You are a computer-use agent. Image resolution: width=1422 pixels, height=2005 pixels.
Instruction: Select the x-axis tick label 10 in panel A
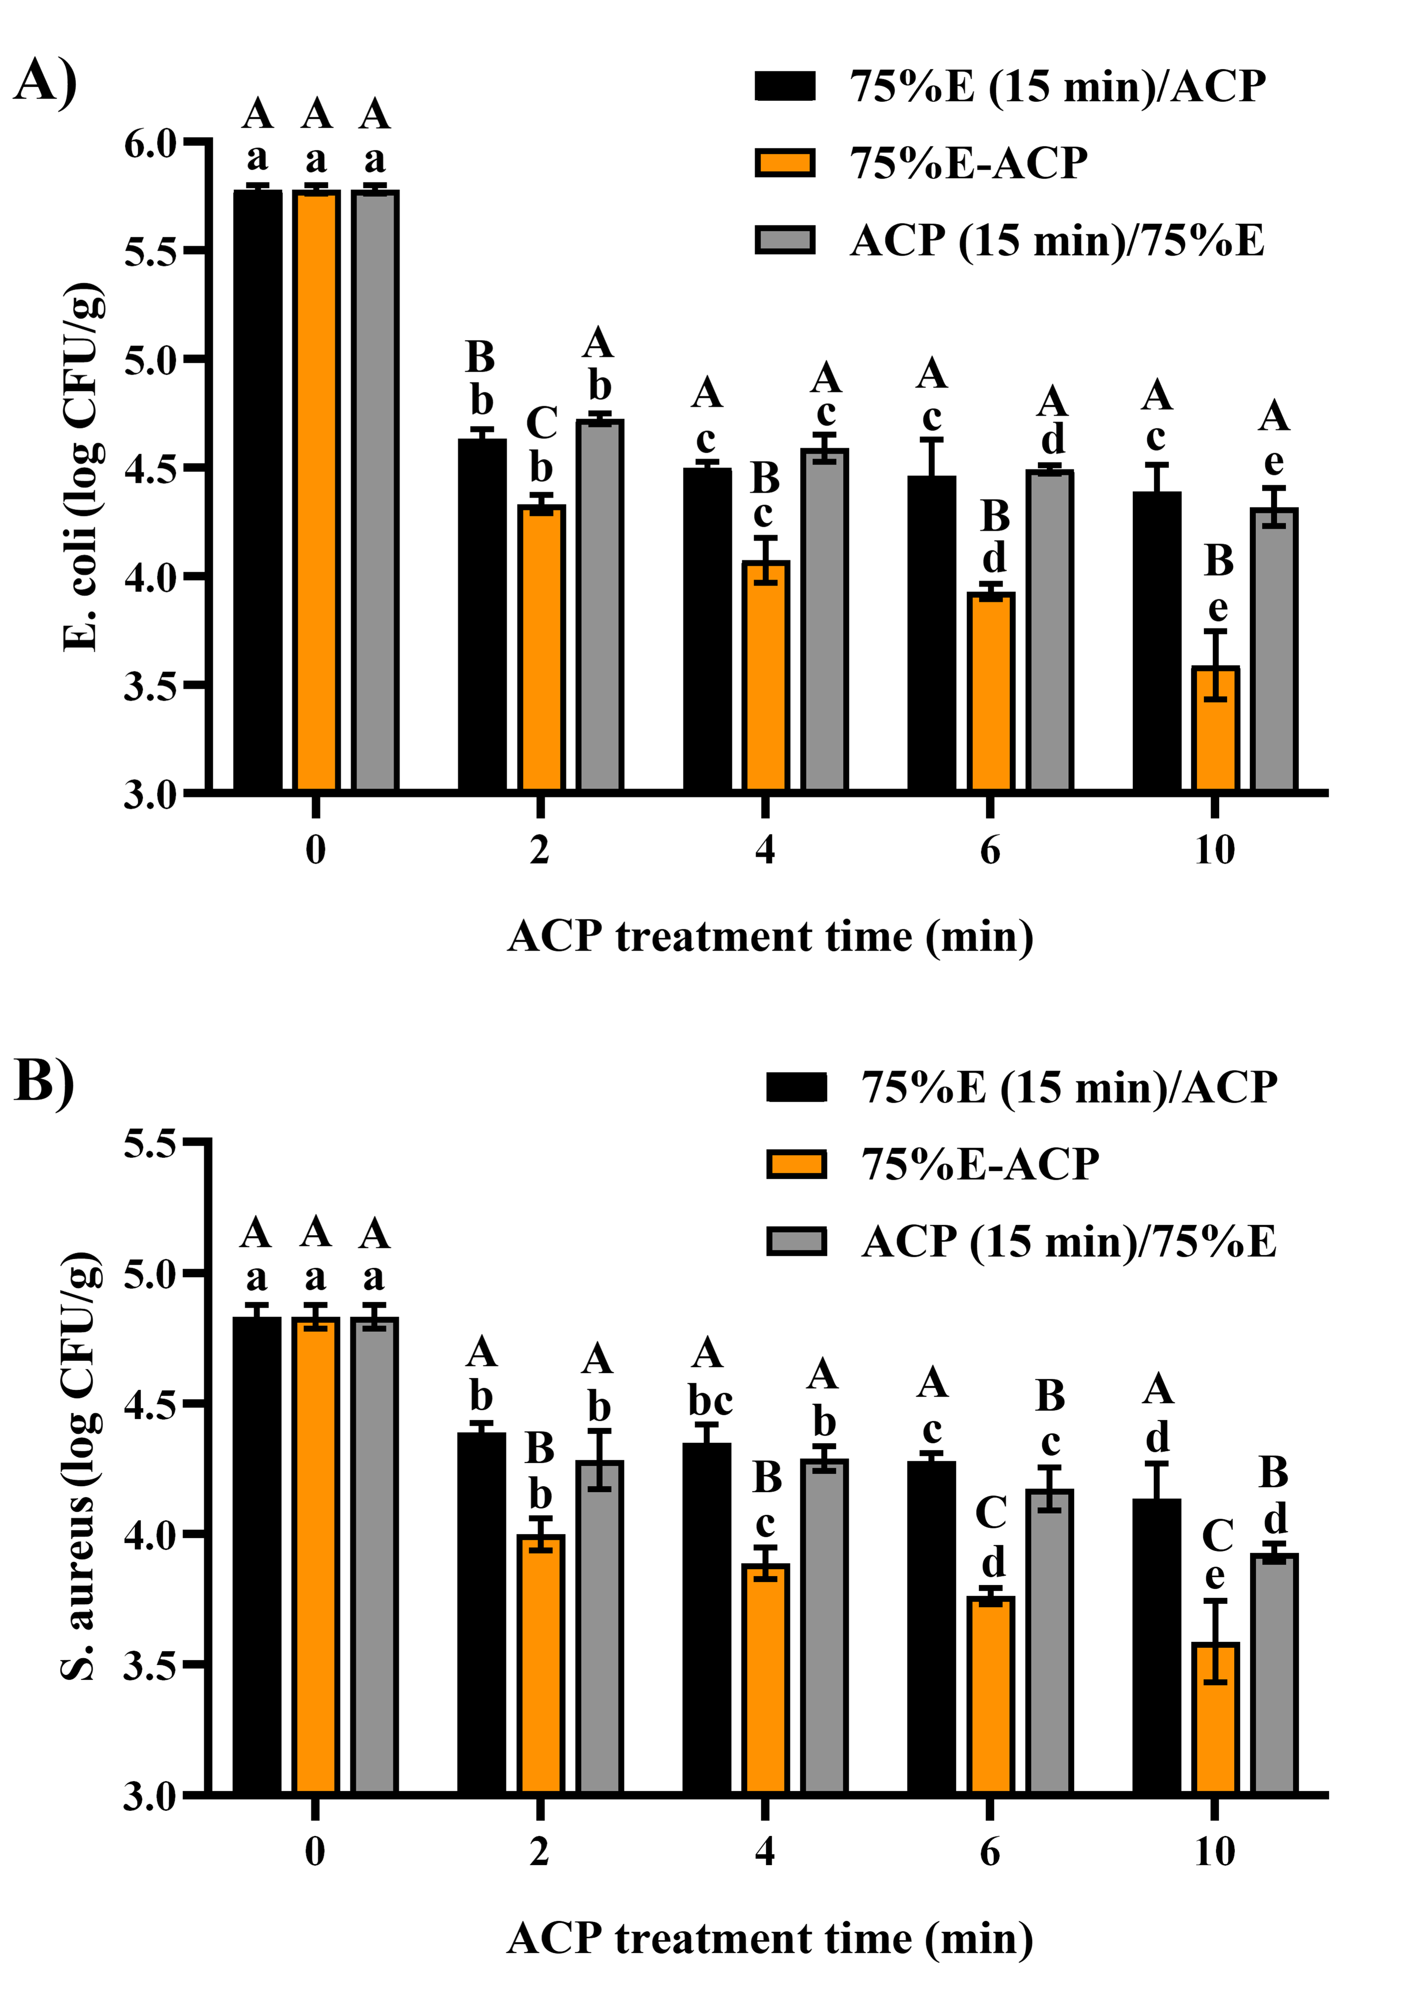pyautogui.click(x=1214, y=849)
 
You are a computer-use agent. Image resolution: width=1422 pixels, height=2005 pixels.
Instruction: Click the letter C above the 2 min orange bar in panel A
pyautogui.click(x=541, y=424)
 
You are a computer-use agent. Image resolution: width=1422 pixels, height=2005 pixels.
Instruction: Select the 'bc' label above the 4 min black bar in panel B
pyautogui.click(x=709, y=1401)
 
